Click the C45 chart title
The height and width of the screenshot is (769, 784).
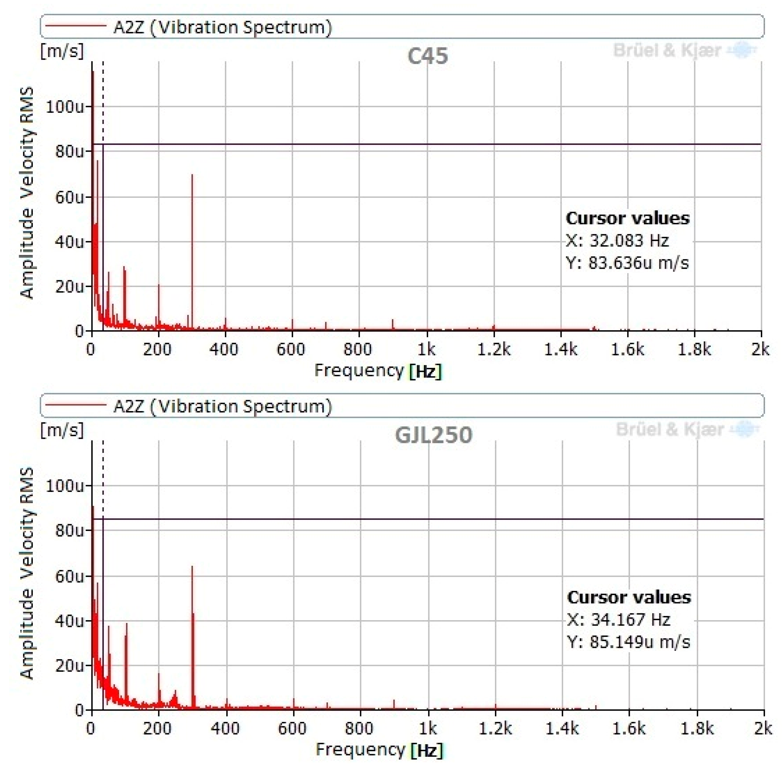[427, 56]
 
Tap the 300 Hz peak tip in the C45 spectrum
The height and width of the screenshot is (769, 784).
[192, 176]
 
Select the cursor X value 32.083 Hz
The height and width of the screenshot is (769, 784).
[617, 241]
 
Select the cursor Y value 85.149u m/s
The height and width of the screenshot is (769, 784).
[629, 642]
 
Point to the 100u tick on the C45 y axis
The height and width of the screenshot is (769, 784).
[65, 107]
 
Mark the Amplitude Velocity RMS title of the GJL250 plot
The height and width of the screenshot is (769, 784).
[27, 573]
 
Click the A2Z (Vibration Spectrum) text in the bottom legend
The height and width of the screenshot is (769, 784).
[223, 406]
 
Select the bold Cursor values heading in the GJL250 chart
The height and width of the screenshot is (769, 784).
[629, 597]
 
